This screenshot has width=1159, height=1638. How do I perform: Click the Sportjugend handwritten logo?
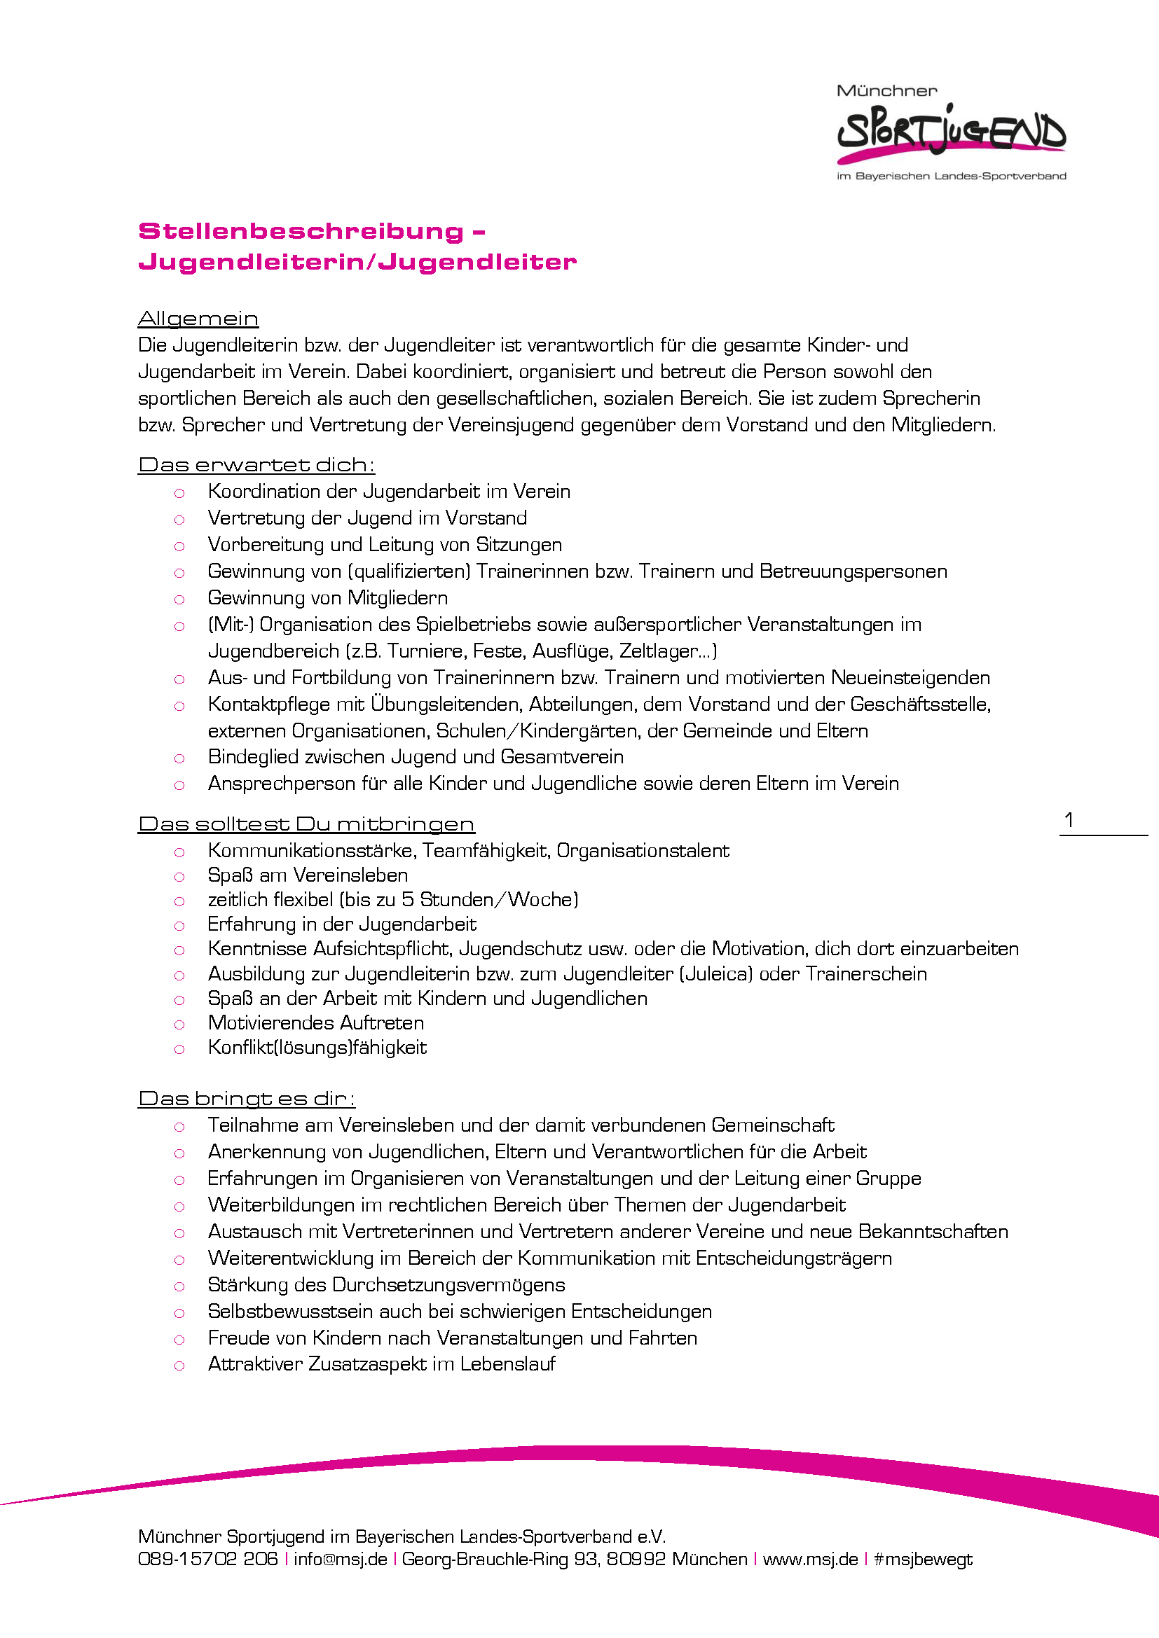[x=951, y=132]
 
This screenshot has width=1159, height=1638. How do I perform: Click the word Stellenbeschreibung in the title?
[x=301, y=231]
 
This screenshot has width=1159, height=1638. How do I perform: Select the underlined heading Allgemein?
[x=198, y=319]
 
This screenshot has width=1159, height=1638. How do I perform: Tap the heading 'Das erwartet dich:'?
[x=256, y=465]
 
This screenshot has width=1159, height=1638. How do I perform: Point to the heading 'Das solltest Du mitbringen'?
[x=306, y=824]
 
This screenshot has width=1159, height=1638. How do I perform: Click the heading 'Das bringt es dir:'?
[x=246, y=1099]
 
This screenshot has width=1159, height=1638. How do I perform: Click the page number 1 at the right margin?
[x=1069, y=820]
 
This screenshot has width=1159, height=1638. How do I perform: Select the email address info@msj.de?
[x=340, y=1559]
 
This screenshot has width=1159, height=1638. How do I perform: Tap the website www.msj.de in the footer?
[x=810, y=1559]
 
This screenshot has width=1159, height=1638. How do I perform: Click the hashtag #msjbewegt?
[x=923, y=1559]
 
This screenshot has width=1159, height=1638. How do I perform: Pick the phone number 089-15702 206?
[x=207, y=1559]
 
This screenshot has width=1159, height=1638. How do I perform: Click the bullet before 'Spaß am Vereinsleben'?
[x=179, y=877]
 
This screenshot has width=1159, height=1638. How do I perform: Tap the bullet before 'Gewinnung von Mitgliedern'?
[x=179, y=599]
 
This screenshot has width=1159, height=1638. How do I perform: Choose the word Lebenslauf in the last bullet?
[x=507, y=1364]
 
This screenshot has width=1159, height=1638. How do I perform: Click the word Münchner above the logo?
[x=886, y=91]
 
